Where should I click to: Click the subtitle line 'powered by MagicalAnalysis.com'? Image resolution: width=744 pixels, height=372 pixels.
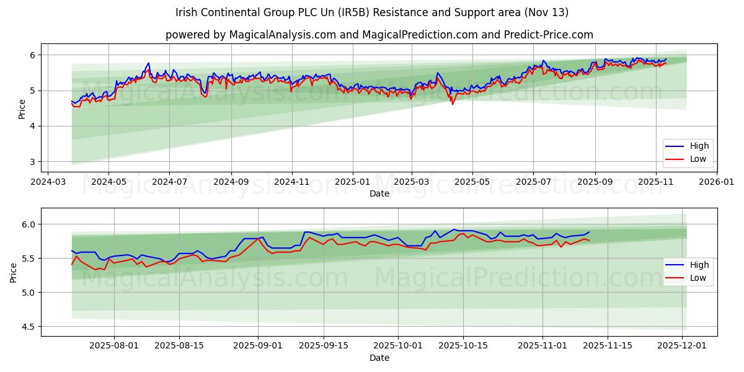379,35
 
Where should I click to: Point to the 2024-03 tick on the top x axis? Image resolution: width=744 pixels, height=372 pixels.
48,182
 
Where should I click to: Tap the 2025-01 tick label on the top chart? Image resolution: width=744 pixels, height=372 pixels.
353,182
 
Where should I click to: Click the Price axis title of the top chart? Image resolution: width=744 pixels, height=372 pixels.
22,109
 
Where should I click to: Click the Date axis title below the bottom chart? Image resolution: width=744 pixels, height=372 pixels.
379,358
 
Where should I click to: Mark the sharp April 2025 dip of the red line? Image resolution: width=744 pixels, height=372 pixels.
452,104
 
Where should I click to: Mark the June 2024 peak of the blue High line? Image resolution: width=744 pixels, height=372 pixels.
148,63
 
